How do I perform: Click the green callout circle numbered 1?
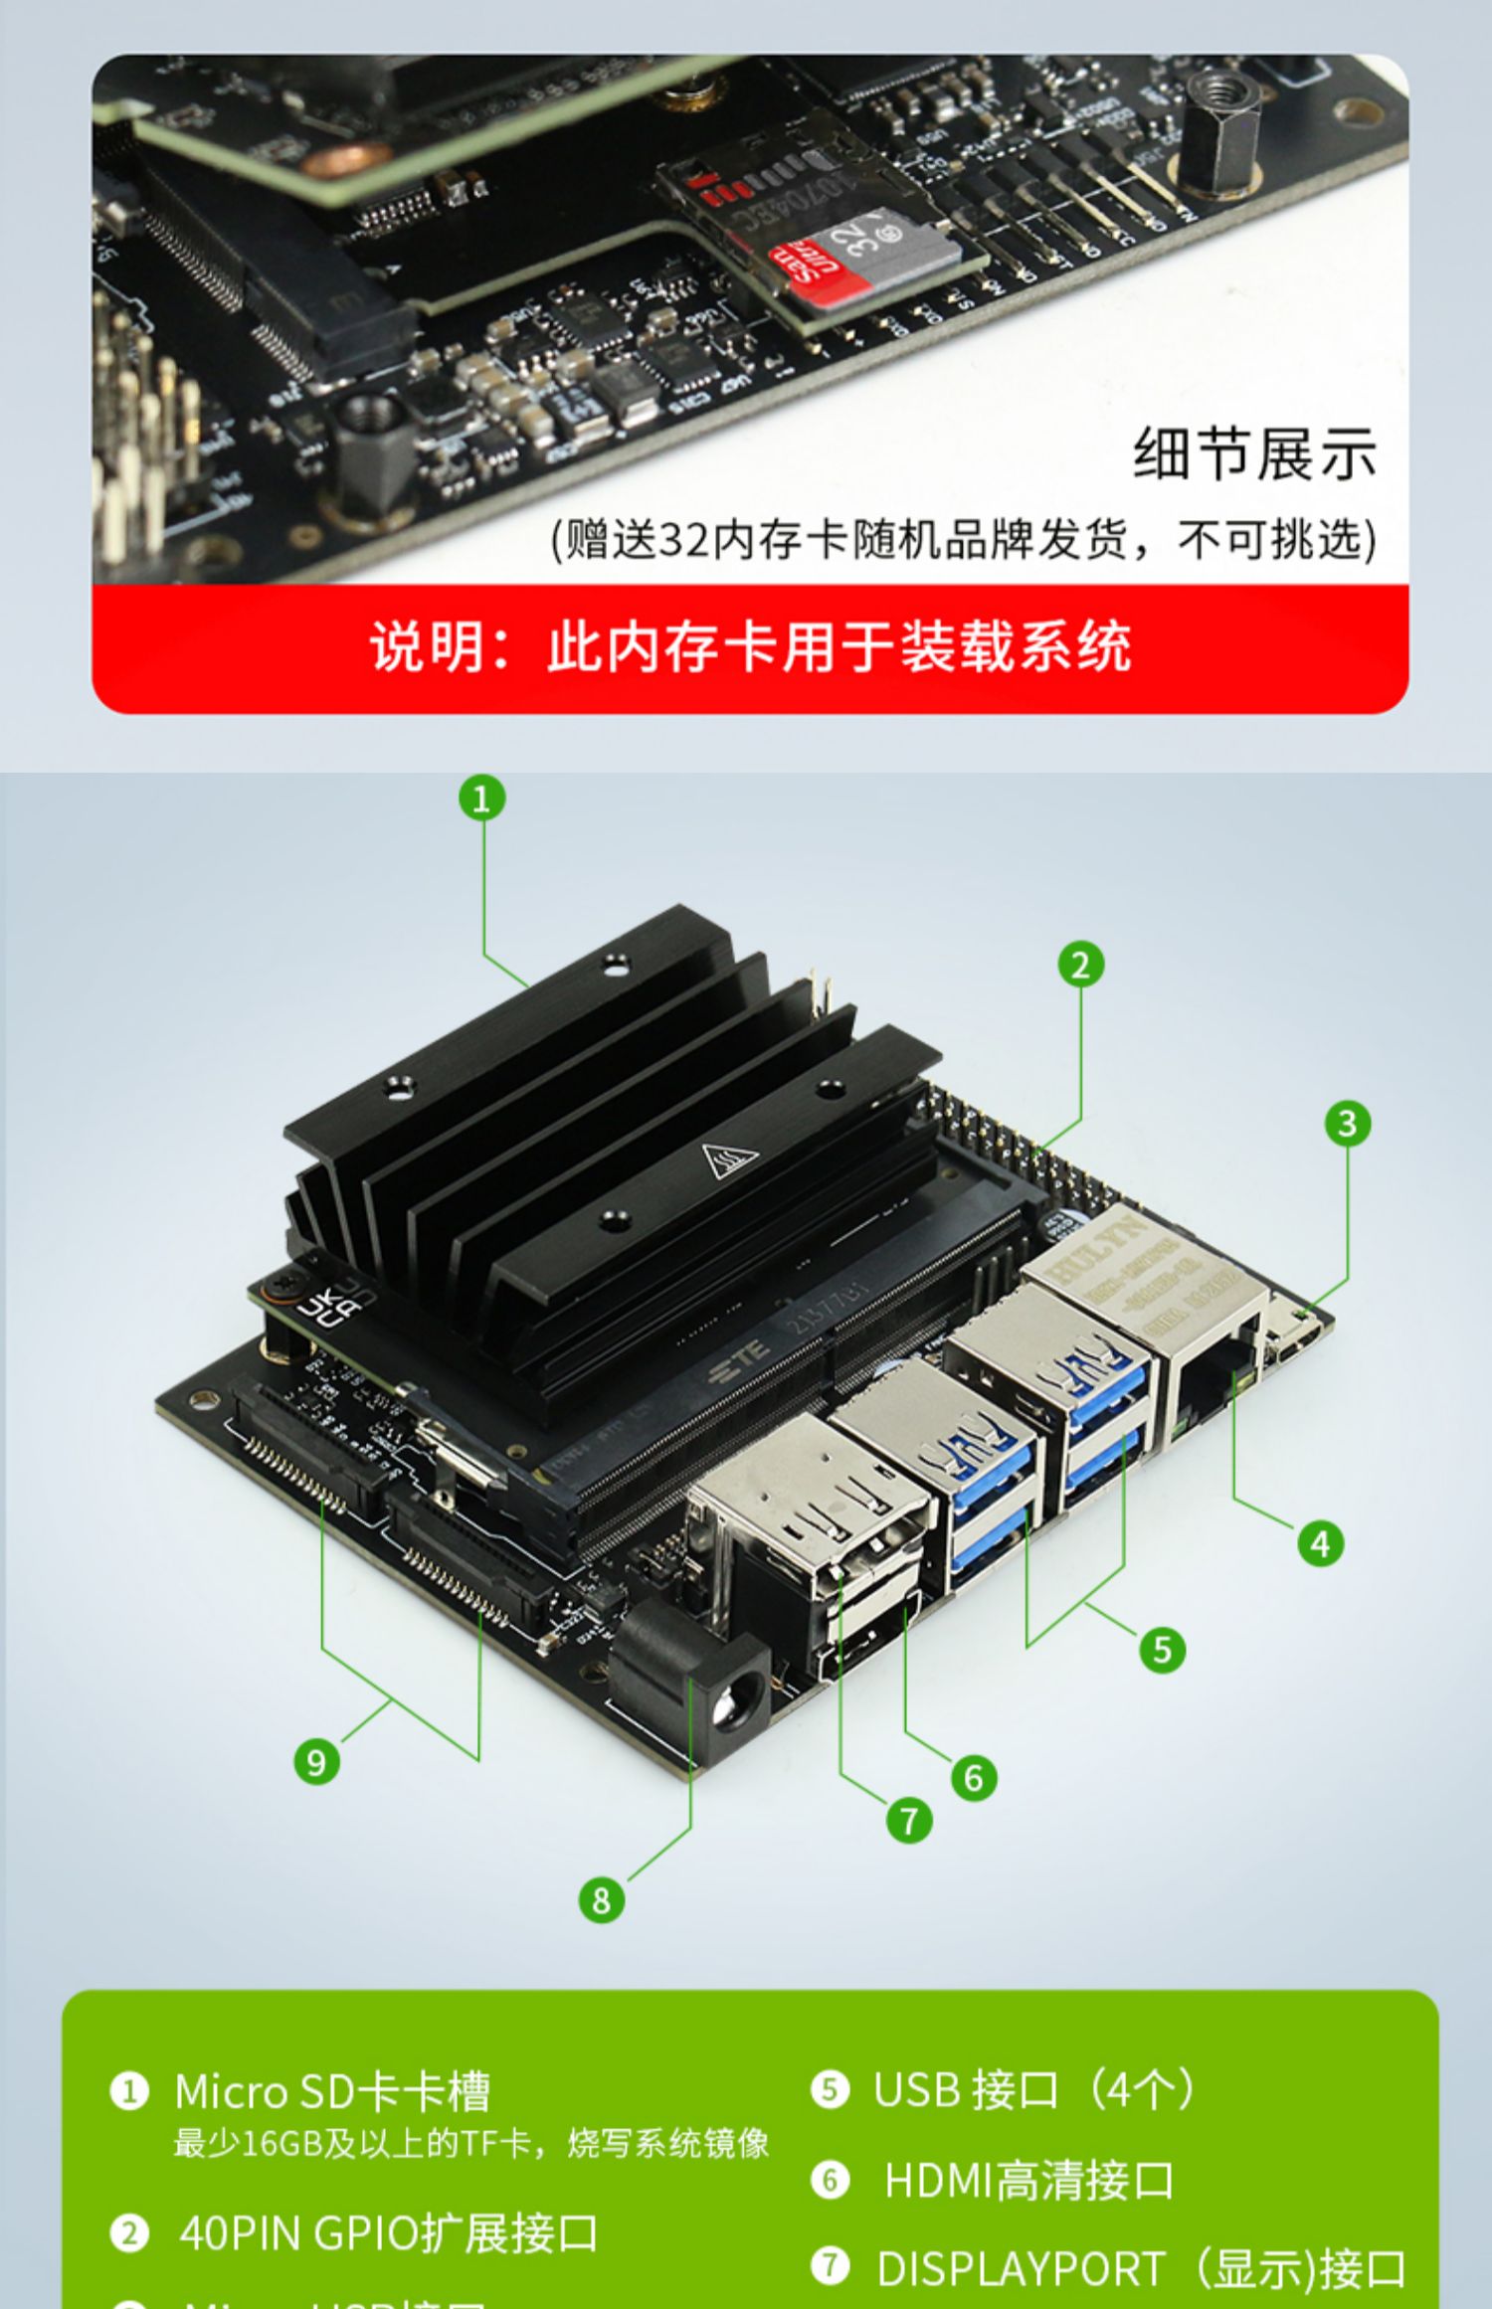[482, 799]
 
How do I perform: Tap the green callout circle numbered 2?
[1081, 965]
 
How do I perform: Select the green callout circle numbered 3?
[1347, 1124]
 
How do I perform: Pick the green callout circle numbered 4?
[1320, 1544]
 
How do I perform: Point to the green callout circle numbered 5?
[1162, 1651]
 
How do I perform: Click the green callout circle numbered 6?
[974, 1778]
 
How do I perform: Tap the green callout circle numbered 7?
[909, 1822]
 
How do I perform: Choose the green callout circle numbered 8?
[602, 1900]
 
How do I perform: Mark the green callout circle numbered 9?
[316, 1763]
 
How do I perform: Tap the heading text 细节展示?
[1255, 454]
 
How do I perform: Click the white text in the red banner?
[751, 647]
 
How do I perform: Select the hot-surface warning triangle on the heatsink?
[729, 1160]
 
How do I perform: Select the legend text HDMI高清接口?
[1028, 2181]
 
